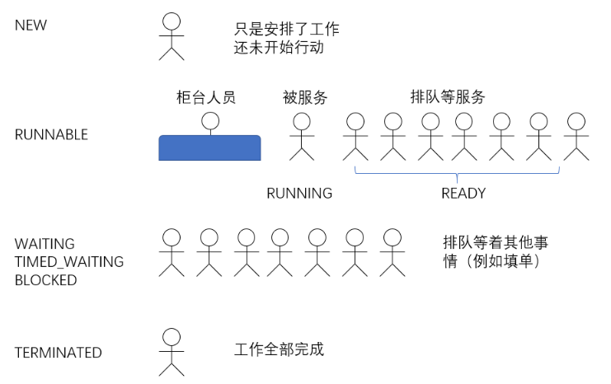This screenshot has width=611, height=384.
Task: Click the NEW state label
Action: point(31,25)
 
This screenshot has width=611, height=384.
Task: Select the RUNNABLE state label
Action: point(51,135)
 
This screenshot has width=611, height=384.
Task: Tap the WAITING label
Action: point(45,244)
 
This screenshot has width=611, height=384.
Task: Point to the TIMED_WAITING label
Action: point(69,262)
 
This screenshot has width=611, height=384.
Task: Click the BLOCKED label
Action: point(45,280)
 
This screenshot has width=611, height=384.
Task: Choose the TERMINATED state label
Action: point(59,353)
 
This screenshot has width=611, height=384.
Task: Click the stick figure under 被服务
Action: point(301,136)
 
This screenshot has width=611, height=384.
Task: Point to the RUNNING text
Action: point(299,194)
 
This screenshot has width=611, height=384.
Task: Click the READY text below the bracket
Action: point(463,194)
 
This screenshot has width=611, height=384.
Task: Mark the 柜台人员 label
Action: point(206,97)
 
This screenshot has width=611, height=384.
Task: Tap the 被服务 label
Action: point(305,97)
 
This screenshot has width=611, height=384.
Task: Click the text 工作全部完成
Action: point(280,349)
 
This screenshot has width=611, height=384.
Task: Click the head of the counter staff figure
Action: point(210,121)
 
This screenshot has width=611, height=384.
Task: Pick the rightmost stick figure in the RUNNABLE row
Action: point(576,136)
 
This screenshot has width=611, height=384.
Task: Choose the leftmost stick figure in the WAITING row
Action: point(172,251)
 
